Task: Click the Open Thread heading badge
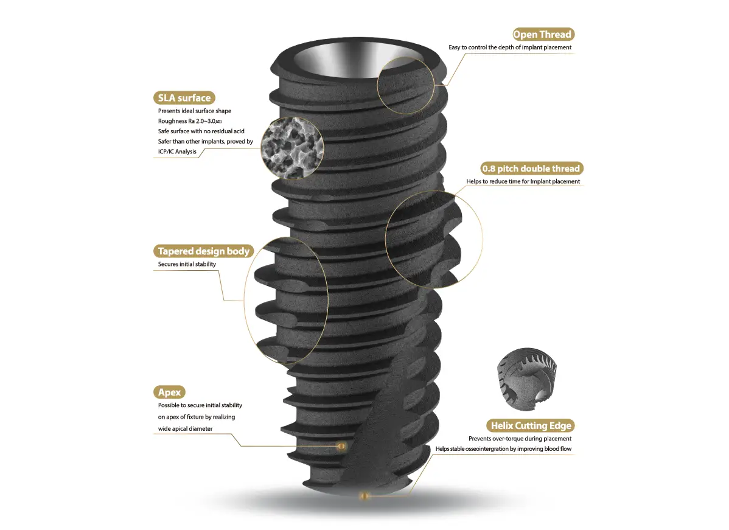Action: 543,35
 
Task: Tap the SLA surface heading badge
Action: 184,97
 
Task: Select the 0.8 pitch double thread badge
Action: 531,169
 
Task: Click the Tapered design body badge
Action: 204,251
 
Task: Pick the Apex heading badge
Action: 169,392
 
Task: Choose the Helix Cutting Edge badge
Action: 531,425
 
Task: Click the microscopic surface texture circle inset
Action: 292,147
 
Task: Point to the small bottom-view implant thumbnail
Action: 527,378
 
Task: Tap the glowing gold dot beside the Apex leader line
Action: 341,446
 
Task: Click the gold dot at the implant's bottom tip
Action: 364,496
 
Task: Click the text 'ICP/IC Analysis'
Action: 177,152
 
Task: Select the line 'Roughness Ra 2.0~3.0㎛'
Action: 190,121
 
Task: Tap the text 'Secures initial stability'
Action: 187,264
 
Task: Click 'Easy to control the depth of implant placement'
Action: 510,47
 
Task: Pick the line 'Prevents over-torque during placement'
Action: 520,438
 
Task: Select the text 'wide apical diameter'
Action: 185,428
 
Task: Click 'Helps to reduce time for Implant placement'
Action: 523,181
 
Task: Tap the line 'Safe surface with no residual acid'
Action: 201,131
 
